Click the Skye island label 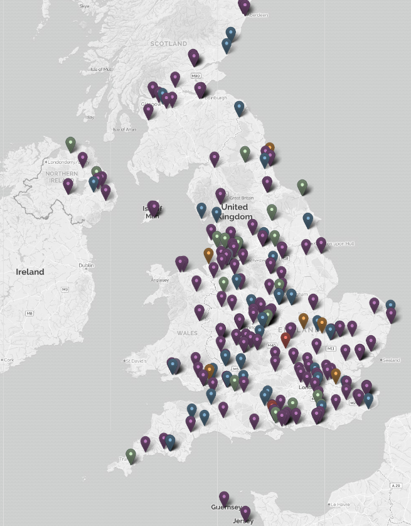85,6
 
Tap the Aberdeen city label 257,15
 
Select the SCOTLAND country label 168,43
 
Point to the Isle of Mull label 101,69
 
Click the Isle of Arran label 124,129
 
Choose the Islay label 90,117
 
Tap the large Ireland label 30,272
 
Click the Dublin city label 87,266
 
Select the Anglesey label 160,280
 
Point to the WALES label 187,333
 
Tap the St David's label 136,361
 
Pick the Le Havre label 339,504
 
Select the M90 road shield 195,76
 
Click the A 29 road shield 395,486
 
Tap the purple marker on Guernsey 224,499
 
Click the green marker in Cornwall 131,455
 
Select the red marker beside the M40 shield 286,340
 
